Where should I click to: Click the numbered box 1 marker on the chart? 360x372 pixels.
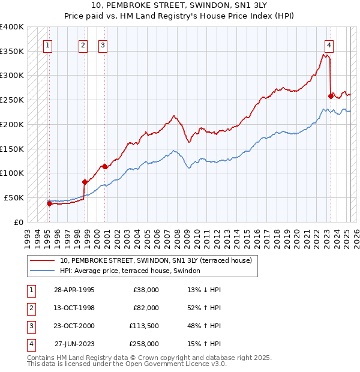pos(47,44)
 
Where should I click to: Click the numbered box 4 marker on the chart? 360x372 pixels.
pos(329,44)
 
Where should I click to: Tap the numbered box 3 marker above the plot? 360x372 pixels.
pos(103,44)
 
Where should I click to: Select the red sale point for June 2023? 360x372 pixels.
pos(331,96)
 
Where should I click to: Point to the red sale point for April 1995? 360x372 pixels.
pos(49,203)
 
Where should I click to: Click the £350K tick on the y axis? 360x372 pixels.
pos(13,52)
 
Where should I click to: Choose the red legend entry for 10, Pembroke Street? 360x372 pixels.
pos(159,260)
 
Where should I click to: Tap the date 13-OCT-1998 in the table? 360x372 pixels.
pos(74,308)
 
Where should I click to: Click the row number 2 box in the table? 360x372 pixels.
pos(30,308)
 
